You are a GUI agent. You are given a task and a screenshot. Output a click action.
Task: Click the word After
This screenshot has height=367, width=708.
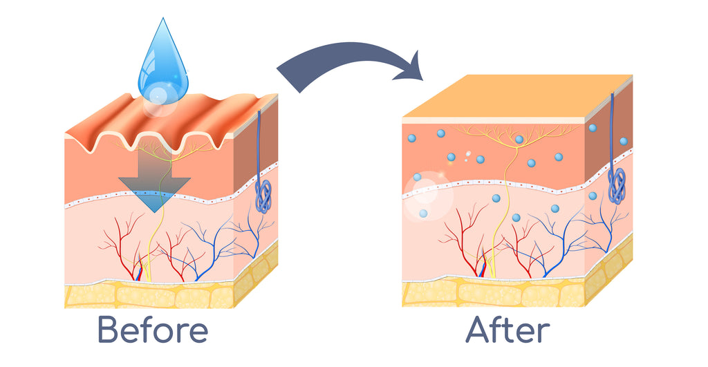tap(507, 330)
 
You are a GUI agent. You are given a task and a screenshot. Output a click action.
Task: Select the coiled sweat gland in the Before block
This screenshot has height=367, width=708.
tap(263, 196)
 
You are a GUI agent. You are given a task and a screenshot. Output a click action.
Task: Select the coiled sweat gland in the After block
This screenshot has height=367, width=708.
tap(617, 185)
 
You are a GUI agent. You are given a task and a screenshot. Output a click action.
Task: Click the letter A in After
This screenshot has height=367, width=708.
tap(478, 330)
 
